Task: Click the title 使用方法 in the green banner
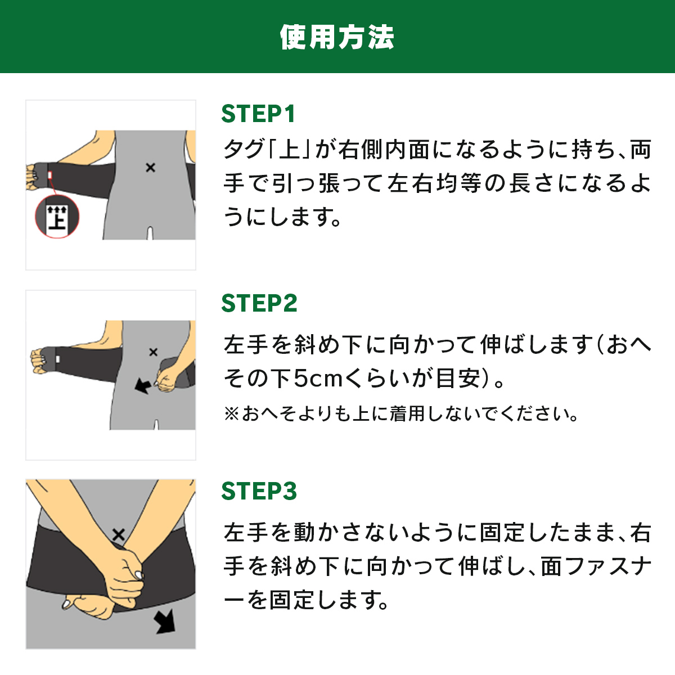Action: [x=337, y=37]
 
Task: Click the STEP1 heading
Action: [x=258, y=114]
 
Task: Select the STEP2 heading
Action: [x=259, y=303]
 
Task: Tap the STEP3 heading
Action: [x=259, y=490]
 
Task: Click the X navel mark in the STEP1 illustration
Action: [x=150, y=168]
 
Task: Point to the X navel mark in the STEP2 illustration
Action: [x=153, y=352]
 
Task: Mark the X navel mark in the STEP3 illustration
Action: [x=119, y=534]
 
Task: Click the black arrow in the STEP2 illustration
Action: [x=143, y=386]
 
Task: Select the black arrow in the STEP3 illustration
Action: [x=165, y=621]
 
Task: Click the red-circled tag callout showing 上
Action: [x=57, y=217]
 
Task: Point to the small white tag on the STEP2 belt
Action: [x=58, y=359]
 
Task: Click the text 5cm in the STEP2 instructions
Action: [x=318, y=379]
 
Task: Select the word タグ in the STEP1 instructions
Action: [x=244, y=149]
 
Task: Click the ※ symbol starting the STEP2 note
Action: [x=232, y=413]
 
